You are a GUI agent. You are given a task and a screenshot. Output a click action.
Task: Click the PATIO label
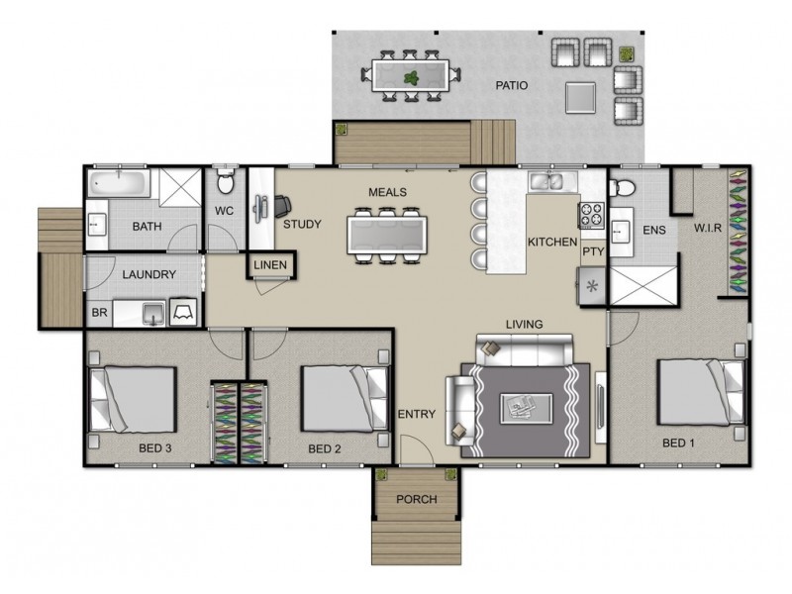(x=512, y=86)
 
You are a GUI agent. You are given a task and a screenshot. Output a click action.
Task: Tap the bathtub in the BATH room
(x=117, y=183)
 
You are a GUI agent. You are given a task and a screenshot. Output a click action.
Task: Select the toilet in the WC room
(x=226, y=183)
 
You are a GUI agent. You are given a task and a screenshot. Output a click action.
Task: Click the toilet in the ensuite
(x=626, y=185)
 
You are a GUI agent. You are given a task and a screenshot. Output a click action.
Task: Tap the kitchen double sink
(x=546, y=181)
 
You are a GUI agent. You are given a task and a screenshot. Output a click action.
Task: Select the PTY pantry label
(x=592, y=252)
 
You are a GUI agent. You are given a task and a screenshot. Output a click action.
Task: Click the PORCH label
(x=416, y=499)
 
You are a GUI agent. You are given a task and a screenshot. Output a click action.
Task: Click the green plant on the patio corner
(x=626, y=53)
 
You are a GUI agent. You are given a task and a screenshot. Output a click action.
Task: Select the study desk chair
(x=282, y=205)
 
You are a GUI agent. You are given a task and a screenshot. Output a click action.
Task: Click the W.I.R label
(x=706, y=229)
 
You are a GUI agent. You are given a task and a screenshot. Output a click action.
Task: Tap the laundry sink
(x=151, y=314)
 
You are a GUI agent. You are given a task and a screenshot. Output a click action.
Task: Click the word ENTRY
(x=416, y=414)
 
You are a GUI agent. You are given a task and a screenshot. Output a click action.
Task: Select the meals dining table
(x=386, y=235)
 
